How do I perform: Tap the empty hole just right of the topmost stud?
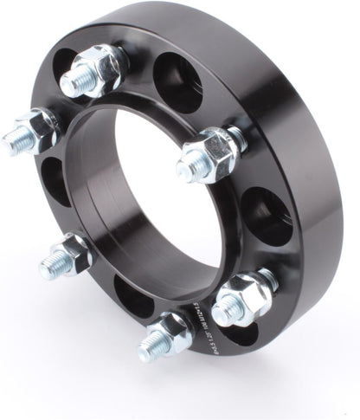177,82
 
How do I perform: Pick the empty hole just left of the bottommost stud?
132,296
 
